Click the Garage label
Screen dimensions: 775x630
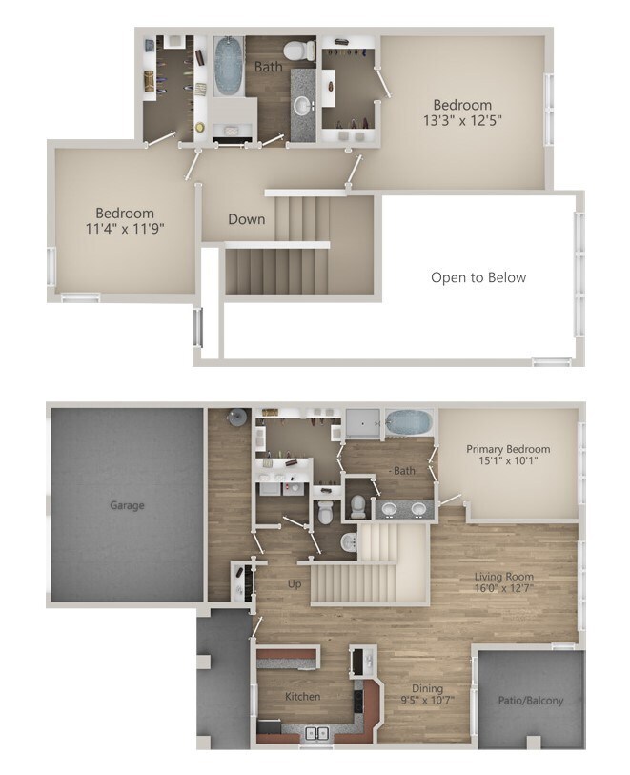(127, 505)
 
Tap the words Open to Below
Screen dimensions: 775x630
(478, 277)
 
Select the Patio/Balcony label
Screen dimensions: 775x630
(531, 701)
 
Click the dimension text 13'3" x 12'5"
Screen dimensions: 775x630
(462, 121)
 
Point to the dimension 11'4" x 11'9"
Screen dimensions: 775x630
(124, 229)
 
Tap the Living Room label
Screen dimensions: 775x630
(504, 577)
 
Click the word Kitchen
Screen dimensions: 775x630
(303, 697)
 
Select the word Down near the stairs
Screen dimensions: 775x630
(246, 219)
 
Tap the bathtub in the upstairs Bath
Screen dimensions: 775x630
(228, 67)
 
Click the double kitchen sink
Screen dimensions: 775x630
(316, 733)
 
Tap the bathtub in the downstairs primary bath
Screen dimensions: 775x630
(409, 421)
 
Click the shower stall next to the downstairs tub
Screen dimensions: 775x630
(362, 422)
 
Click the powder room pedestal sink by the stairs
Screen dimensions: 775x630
(348, 542)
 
